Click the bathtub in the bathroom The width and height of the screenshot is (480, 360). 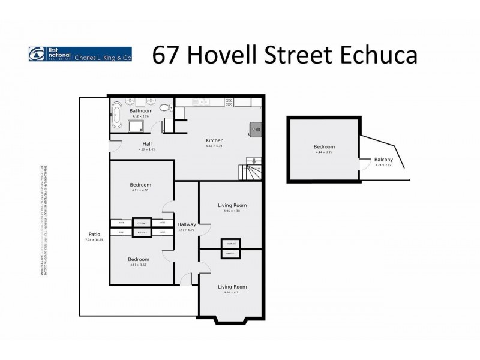[115, 116]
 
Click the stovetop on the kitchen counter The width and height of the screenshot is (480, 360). [229, 103]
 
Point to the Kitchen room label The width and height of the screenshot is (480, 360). [214, 140]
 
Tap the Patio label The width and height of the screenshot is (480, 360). [94, 234]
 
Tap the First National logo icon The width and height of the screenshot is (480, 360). [35, 54]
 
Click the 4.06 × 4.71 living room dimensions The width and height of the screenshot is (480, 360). [231, 292]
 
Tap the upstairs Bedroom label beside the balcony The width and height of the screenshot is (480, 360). [324, 147]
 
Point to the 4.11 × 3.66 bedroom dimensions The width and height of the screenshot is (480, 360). [139, 265]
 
